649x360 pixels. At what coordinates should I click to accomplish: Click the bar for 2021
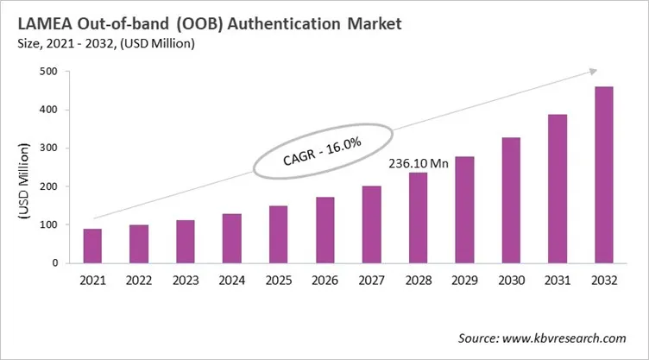click(92, 246)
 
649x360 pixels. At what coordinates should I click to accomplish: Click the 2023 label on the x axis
click(185, 280)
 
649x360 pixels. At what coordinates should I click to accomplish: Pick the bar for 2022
click(138, 243)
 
